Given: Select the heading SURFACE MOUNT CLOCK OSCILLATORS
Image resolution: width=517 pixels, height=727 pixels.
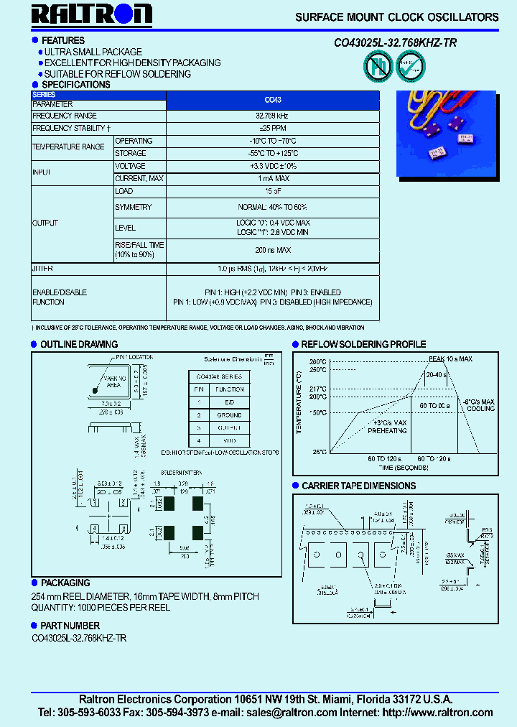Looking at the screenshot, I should tap(396, 17).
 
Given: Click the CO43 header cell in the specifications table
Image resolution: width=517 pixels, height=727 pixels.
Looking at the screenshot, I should tap(273, 100).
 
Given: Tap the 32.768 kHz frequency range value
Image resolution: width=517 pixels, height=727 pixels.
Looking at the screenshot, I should tap(273, 116).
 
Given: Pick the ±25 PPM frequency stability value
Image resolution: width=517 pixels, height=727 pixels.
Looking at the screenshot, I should tap(273, 128).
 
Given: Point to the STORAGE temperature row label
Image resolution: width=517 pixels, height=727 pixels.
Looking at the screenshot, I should tap(131, 153).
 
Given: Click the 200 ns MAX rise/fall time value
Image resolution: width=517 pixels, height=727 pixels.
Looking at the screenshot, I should tap(273, 249).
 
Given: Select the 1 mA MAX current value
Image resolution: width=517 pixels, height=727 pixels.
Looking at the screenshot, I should tap(273, 177).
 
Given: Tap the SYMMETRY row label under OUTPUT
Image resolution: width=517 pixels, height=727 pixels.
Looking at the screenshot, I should tap(134, 208).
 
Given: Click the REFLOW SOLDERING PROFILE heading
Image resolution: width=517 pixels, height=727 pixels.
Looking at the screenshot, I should tap(363, 344).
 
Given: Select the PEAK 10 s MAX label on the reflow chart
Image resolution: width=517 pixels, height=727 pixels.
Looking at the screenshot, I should tap(451, 358).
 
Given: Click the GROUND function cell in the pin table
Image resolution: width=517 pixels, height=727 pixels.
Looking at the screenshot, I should tap(229, 415).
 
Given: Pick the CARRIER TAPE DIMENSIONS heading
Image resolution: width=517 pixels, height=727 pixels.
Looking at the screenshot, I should tap(358, 486).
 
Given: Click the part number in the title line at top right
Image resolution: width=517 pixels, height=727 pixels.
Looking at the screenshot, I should tap(395, 43).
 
